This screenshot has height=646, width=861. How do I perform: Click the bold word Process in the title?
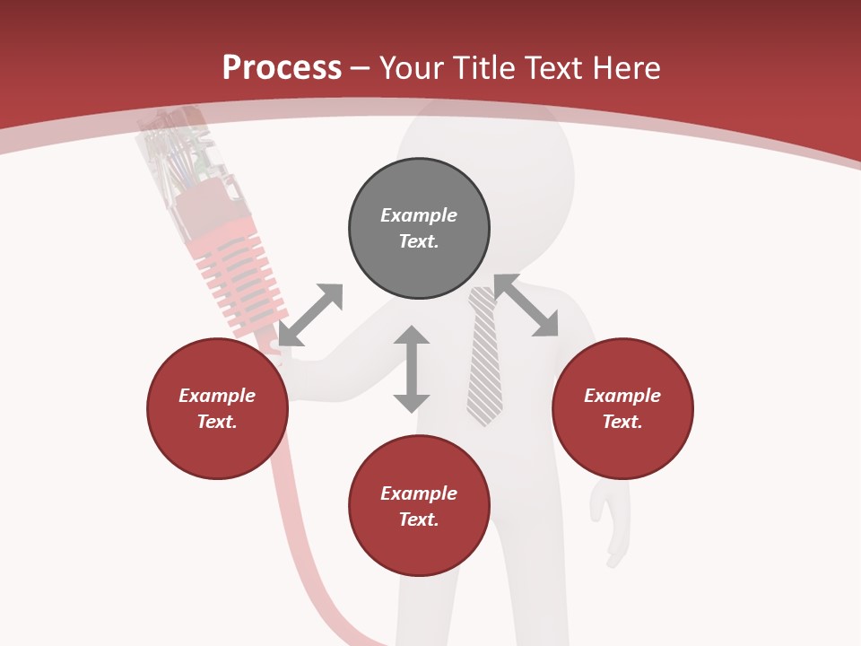pos(282,68)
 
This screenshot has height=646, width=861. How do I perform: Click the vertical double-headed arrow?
pos(412,369)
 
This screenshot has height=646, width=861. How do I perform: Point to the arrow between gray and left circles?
pos(310,315)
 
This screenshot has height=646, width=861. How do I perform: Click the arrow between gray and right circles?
pos(526,306)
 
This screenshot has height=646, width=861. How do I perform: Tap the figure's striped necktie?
pos(484,359)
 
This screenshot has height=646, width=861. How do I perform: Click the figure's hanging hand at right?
pos(609,520)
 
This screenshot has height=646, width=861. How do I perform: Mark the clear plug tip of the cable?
pos(179,153)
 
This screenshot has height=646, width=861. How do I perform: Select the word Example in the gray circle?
pos(419,215)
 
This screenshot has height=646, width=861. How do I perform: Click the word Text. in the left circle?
pos(217,422)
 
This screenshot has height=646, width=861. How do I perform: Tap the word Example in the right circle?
pos(622,396)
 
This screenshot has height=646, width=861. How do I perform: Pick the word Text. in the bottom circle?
pos(419,519)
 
